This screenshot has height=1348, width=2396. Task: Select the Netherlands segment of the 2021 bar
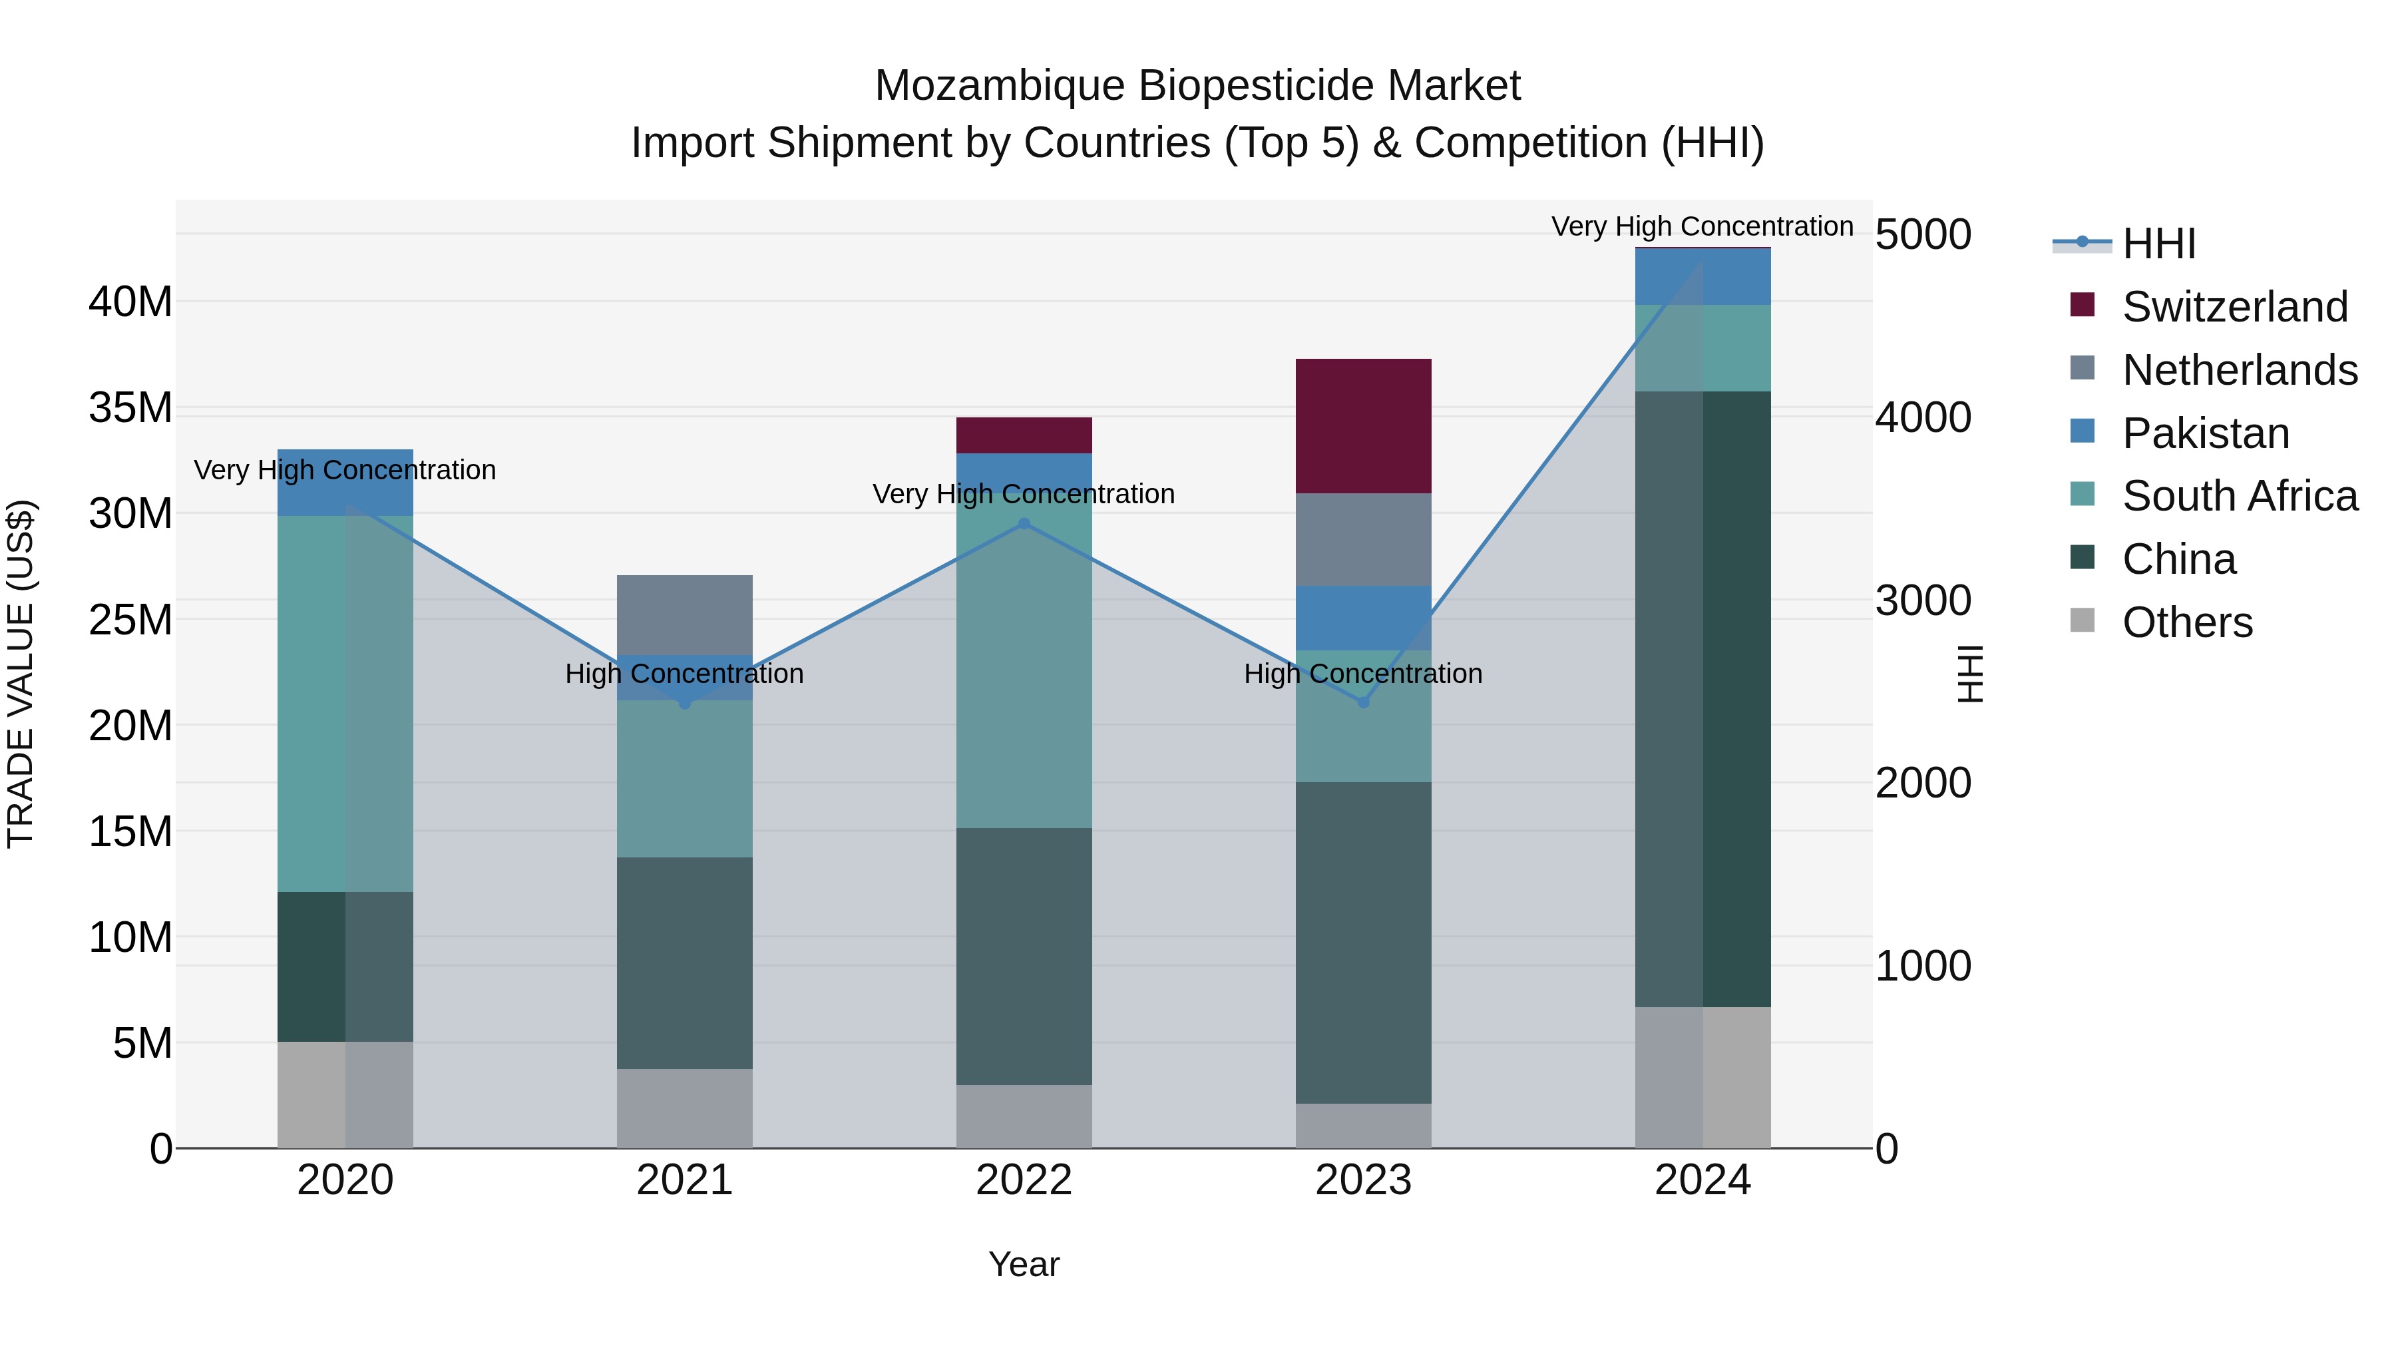pos(685,614)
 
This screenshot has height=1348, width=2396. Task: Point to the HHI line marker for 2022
pos(1024,524)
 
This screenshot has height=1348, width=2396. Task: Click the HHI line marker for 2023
pos(1364,702)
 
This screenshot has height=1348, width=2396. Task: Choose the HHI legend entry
pos(2158,243)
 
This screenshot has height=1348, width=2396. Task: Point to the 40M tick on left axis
pos(130,302)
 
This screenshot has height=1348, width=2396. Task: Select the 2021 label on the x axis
pos(685,1180)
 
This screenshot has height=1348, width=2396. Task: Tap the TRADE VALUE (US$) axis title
pos(21,674)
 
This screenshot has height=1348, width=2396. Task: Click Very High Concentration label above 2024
pos(1701,226)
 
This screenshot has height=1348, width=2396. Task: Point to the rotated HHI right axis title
pos(1970,674)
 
